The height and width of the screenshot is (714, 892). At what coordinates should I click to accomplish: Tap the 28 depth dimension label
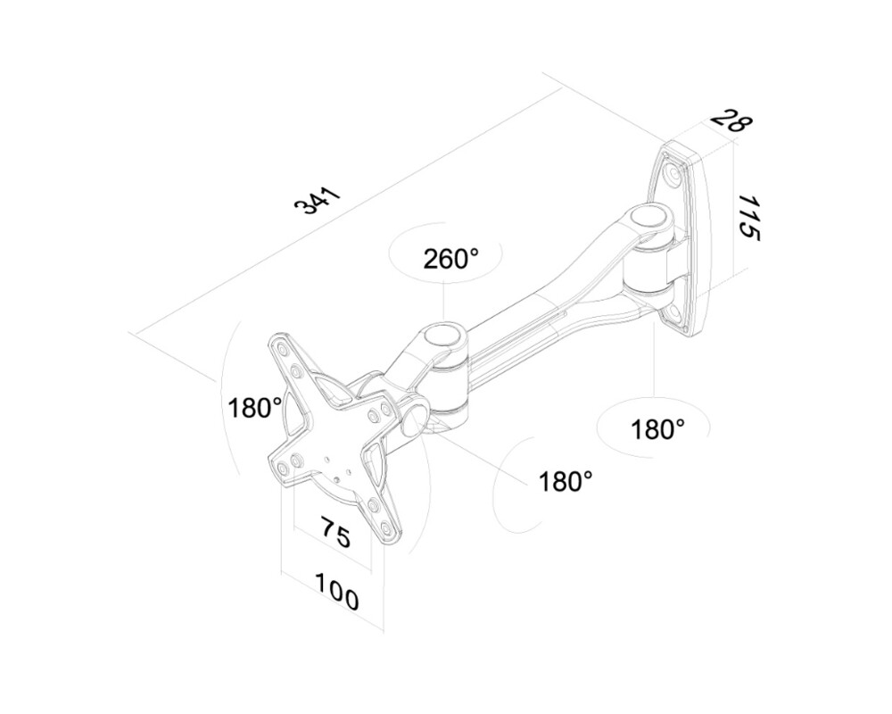pos(730,120)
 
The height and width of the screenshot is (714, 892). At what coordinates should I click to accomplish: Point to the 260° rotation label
pos(450,259)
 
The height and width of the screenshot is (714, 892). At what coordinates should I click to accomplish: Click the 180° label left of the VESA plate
pos(254,408)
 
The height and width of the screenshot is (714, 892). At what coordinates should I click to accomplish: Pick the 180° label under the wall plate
pos(657,429)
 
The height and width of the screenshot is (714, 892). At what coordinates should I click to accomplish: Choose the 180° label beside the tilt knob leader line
pos(566,481)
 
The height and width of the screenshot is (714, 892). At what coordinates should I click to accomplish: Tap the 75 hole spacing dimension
pos(334,535)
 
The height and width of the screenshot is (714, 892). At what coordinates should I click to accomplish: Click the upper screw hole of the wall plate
pos(673,176)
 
